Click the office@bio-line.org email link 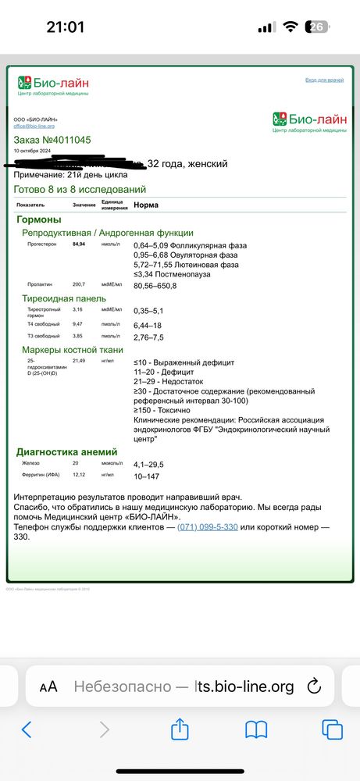click(34, 126)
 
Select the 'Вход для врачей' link click(324, 80)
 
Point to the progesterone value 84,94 click(79, 245)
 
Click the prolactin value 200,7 click(79, 284)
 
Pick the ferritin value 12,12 click(79, 476)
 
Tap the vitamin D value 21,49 click(79, 362)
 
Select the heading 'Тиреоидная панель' click(64, 298)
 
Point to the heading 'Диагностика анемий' click(67, 451)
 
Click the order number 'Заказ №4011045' click(52, 140)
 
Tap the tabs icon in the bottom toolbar click(333, 730)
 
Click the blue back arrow click(27, 730)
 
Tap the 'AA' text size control click(48, 686)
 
